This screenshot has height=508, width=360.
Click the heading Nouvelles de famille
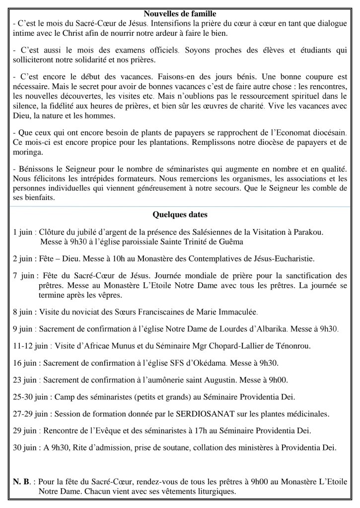tap(180, 5)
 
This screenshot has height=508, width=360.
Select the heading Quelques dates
tap(179, 215)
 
